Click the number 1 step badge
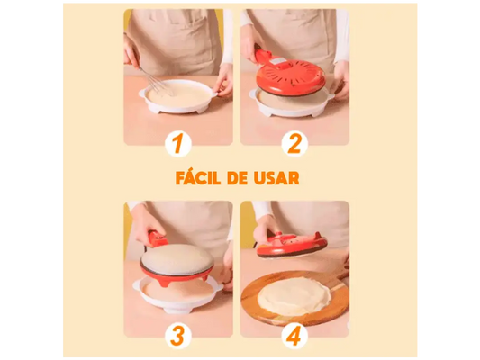(178, 144)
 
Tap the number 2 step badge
(294, 144)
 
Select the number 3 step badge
(178, 336)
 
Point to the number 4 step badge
(294, 336)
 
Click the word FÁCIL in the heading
(198, 177)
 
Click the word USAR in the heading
(276, 178)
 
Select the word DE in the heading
(237, 178)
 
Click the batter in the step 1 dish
(177, 94)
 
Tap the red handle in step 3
(158, 239)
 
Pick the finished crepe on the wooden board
(294, 296)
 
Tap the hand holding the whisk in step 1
(131, 50)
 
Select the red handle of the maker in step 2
(262, 55)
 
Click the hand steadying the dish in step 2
(340, 80)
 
